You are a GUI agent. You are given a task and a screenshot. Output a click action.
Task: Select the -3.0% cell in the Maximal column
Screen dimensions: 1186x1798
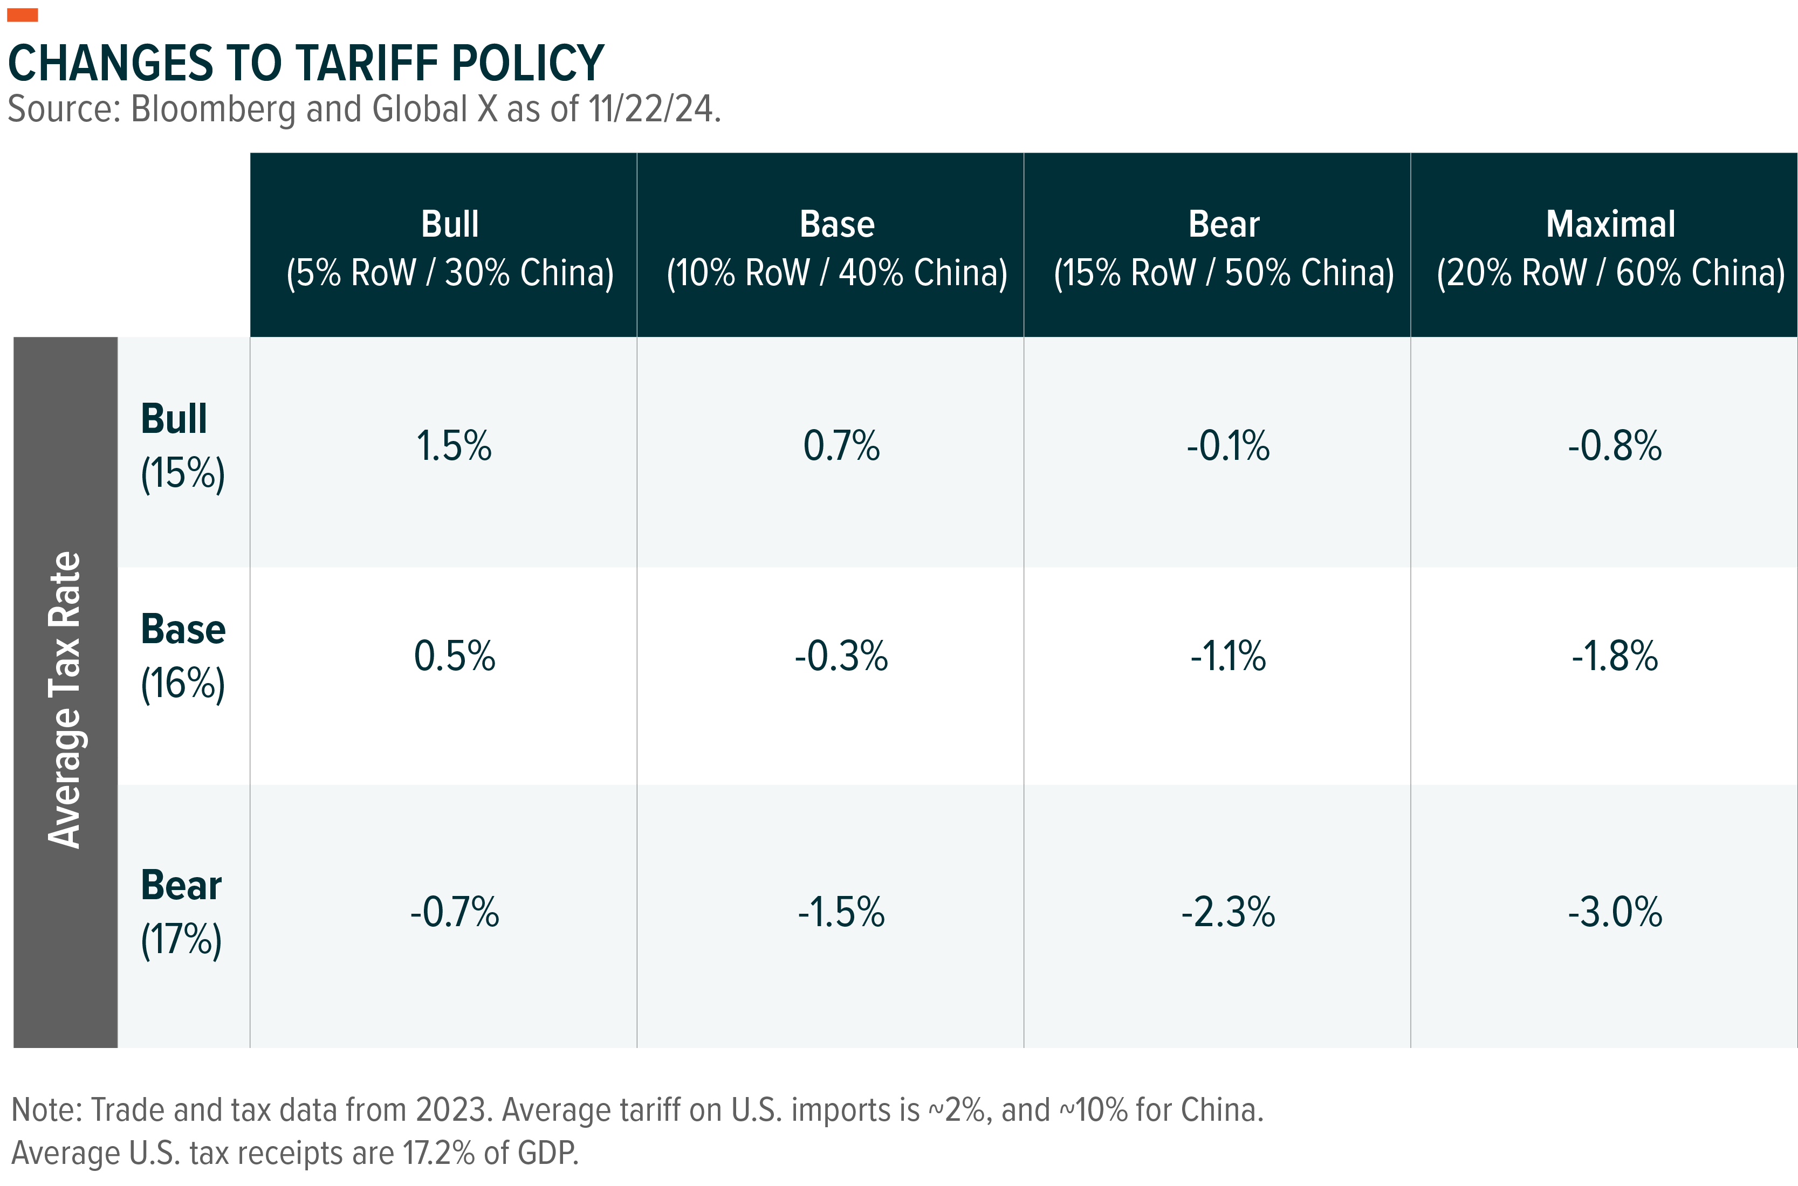pyautogui.click(x=1615, y=912)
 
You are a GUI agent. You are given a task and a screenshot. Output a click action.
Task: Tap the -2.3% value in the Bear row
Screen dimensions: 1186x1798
pyautogui.click(x=1228, y=912)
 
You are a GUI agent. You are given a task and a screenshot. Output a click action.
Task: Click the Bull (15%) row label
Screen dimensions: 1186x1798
pyautogui.click(x=182, y=446)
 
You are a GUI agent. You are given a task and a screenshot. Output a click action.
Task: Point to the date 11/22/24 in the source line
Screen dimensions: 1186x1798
pyautogui.click(x=651, y=109)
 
